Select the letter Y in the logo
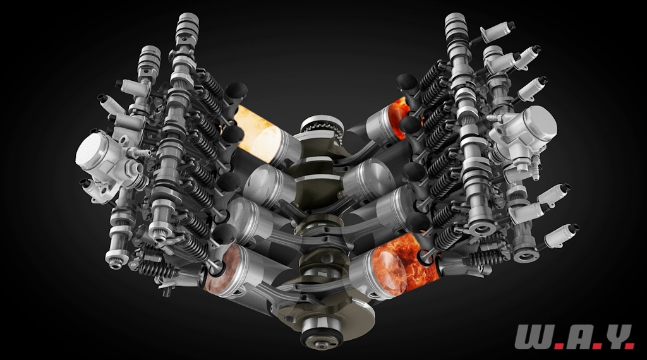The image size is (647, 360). tap(615, 337)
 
